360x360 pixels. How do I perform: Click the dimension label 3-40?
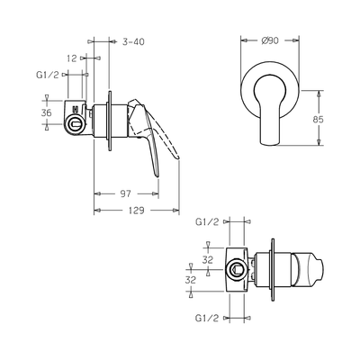[134, 40]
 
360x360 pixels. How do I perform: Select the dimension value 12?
[71, 58]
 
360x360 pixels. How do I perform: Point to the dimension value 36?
[46, 112]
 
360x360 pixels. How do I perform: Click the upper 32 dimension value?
[208, 258]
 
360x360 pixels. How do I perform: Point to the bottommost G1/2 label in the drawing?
[209, 318]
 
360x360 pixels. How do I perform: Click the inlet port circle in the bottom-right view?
[237, 267]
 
